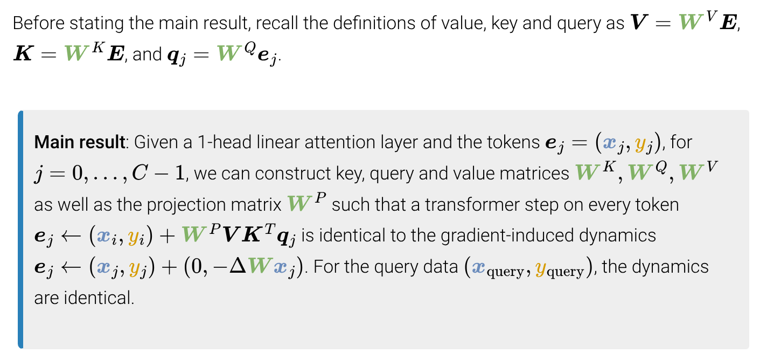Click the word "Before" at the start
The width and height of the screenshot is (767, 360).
point(33,24)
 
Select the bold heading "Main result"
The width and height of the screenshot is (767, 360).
point(79,142)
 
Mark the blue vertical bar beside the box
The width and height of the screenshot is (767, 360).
point(20,229)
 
